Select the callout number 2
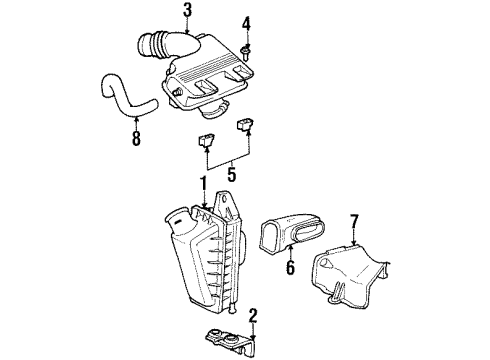click(x=253, y=317)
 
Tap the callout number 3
click(x=187, y=12)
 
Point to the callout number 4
click(x=247, y=22)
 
